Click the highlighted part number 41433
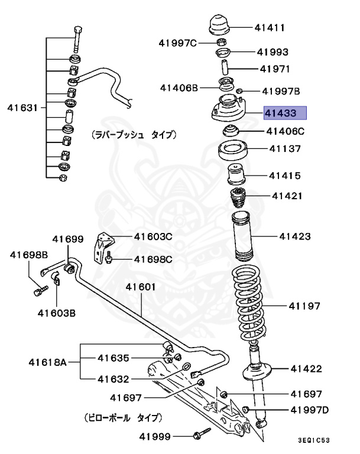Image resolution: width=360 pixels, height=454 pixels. [284, 113]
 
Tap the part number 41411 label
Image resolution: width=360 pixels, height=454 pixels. [270, 27]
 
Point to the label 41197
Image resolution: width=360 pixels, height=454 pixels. [304, 306]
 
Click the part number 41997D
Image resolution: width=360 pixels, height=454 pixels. [309, 410]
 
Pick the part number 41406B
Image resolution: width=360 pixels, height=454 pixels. [179, 87]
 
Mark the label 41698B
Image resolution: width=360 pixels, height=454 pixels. [28, 255]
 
